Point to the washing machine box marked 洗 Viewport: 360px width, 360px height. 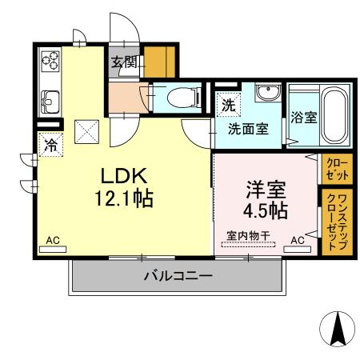point(228,104)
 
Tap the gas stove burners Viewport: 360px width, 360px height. point(50,61)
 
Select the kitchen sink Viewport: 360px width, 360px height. point(50,102)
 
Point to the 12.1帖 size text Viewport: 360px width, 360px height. point(126,198)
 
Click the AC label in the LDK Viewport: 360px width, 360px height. point(53,240)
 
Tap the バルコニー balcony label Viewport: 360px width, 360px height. point(178,277)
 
